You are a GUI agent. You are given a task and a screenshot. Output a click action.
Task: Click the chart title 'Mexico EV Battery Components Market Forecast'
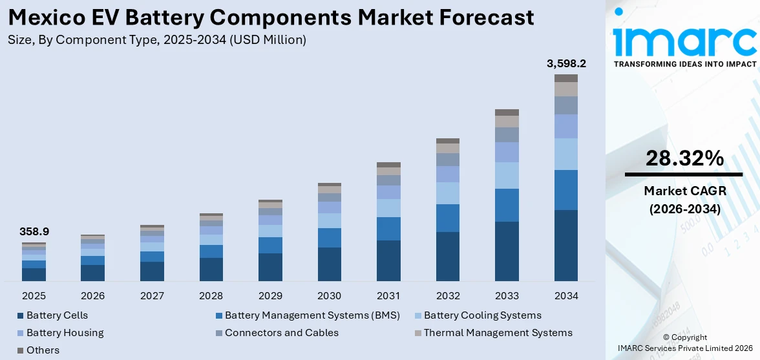(x=271, y=17)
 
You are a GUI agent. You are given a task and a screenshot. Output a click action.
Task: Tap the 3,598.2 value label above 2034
(x=565, y=63)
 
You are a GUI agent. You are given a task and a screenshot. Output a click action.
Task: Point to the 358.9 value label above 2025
(x=34, y=231)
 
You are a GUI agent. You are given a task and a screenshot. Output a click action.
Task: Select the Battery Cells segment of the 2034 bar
(x=565, y=246)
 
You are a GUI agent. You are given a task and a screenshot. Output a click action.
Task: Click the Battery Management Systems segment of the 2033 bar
(x=507, y=205)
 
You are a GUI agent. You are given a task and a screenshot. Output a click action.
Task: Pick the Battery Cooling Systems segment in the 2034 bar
(x=565, y=154)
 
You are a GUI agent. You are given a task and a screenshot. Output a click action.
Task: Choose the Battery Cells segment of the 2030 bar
(x=329, y=264)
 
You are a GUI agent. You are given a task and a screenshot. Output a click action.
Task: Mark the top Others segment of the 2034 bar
(x=565, y=78)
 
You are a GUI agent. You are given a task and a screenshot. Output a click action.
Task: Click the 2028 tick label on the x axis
(x=211, y=296)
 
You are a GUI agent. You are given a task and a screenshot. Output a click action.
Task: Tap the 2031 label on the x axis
(x=388, y=296)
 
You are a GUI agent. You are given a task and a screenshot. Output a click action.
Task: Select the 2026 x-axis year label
(x=92, y=296)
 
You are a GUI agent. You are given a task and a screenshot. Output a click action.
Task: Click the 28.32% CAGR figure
(x=684, y=158)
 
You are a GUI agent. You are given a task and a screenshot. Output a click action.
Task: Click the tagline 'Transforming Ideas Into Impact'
(x=684, y=64)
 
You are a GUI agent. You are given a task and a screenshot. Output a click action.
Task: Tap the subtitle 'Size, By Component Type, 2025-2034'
(x=157, y=39)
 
